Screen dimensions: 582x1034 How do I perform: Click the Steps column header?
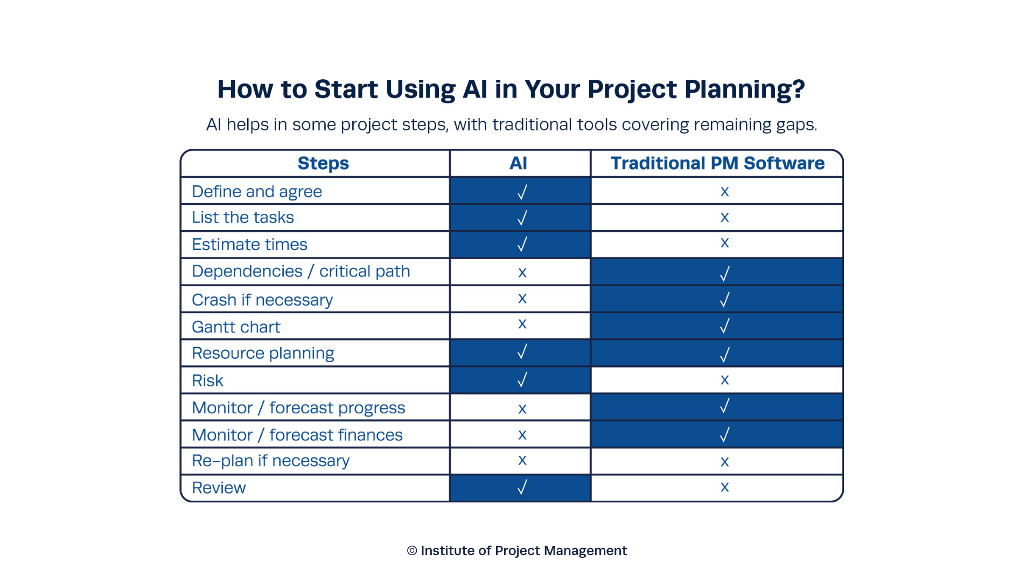point(323,163)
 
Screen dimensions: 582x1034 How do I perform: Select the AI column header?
point(518,163)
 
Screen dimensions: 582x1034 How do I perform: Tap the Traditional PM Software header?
point(717,163)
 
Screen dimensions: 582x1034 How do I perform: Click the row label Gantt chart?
point(236,327)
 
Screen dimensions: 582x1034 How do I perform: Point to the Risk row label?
point(207,381)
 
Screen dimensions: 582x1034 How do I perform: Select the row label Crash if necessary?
point(262,300)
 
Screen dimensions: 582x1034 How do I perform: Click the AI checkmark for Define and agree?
point(522,192)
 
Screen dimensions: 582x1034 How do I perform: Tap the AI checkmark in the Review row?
point(522,488)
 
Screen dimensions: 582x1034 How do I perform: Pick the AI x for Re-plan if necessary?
point(522,461)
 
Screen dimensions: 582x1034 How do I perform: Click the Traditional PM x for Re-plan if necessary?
point(725,462)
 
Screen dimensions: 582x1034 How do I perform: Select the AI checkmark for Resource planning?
point(522,352)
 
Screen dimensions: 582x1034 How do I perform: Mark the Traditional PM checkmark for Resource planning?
point(725,355)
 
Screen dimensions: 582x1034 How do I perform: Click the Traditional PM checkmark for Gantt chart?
point(725,326)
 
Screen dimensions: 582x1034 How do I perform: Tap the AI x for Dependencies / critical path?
point(522,273)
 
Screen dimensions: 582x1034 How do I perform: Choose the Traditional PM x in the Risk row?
point(725,380)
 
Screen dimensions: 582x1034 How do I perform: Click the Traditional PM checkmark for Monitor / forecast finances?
point(725,434)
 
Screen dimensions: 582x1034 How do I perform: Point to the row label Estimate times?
point(249,245)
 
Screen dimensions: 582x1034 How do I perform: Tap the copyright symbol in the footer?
point(412,551)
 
